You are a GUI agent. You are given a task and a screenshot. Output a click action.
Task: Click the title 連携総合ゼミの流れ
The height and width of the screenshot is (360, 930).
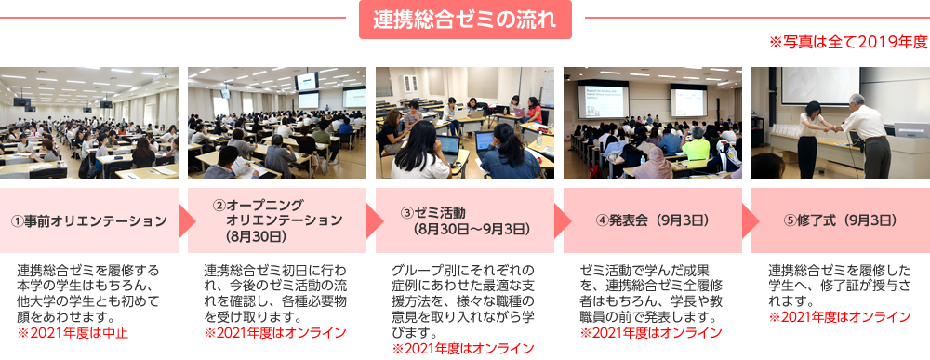[x=465, y=20]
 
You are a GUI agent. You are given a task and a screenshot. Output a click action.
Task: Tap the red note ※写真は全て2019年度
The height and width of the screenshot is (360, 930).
[x=848, y=42]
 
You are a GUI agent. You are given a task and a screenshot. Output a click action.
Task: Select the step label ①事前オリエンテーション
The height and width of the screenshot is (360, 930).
[x=89, y=220]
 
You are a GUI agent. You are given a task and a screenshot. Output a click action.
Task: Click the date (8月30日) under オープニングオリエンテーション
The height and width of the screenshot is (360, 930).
[x=257, y=236]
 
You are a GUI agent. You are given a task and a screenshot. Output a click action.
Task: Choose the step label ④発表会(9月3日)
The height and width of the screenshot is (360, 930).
[x=653, y=220]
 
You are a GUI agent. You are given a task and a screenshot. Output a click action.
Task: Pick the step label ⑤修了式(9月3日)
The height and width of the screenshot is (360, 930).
[x=840, y=220]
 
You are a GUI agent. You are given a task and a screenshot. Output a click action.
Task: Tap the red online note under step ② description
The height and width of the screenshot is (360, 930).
[x=275, y=332]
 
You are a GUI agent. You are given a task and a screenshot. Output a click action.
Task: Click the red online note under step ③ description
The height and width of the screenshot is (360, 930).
[x=462, y=348]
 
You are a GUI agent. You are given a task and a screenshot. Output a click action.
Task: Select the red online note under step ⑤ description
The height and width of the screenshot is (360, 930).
[x=839, y=316]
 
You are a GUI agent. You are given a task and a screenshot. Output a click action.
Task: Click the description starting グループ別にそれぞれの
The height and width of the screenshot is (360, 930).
[x=462, y=301]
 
